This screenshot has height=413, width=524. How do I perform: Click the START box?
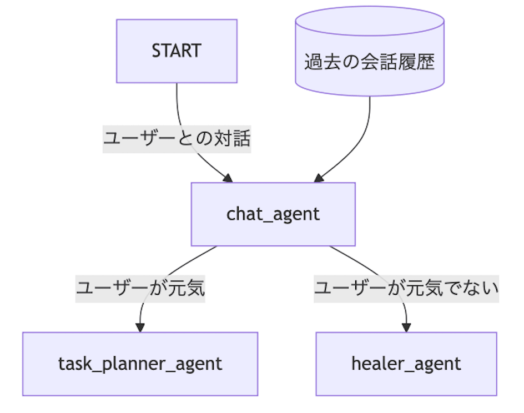tap(177, 51)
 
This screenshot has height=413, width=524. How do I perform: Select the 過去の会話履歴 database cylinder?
tap(370, 51)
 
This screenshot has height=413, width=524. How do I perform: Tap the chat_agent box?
tap(273, 214)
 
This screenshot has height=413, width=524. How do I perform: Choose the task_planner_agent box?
tap(140, 364)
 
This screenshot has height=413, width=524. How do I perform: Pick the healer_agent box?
tap(406, 364)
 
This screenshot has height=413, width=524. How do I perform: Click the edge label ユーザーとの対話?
tap(177, 139)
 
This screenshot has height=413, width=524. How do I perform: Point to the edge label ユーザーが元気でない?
tap(406, 289)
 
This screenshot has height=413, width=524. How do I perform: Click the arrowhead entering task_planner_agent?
tap(140, 328)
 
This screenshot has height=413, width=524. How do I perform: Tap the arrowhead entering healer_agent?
tap(406, 328)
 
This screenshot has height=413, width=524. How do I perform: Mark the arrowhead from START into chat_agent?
tap(228, 178)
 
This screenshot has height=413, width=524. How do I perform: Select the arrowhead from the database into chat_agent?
tap(319, 178)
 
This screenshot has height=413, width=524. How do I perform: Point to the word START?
tap(177, 51)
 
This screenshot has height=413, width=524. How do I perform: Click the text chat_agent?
tap(273, 214)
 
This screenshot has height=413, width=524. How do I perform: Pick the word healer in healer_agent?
tap(377, 364)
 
